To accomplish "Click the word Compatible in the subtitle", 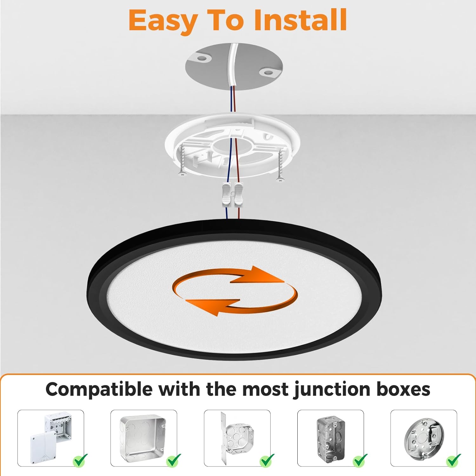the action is coord(99,389).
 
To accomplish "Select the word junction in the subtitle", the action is coord(332,390).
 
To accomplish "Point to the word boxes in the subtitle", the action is coord(403,389).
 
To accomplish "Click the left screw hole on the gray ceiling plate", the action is coord(202,58).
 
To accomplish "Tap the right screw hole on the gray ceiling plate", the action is coord(267,73).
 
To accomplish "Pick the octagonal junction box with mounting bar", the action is coord(236,436).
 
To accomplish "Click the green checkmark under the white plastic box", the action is coord(81,459).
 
